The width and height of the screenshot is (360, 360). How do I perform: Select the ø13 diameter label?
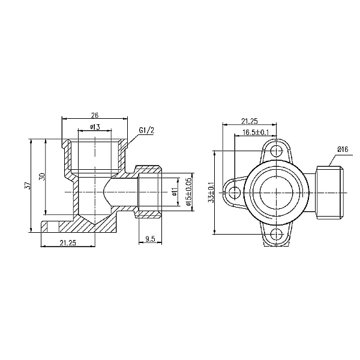pyautogui.click(x=94, y=127)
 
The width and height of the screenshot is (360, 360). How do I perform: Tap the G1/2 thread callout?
pyautogui.click(x=147, y=130)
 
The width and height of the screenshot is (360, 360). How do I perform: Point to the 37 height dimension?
pyautogui.click(x=27, y=187)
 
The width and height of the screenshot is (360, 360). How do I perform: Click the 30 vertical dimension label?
pyautogui.click(x=41, y=178)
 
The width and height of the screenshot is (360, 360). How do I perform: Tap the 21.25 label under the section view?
pyautogui.click(x=67, y=242)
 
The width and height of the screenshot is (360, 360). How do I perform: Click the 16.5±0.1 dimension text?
pyautogui.click(x=256, y=132)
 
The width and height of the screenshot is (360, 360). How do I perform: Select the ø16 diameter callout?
pyautogui.click(x=343, y=149)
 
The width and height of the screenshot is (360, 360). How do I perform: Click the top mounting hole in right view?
pyautogui.click(x=275, y=150)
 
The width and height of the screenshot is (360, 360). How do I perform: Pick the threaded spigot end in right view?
pyautogui.click(x=329, y=192)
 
